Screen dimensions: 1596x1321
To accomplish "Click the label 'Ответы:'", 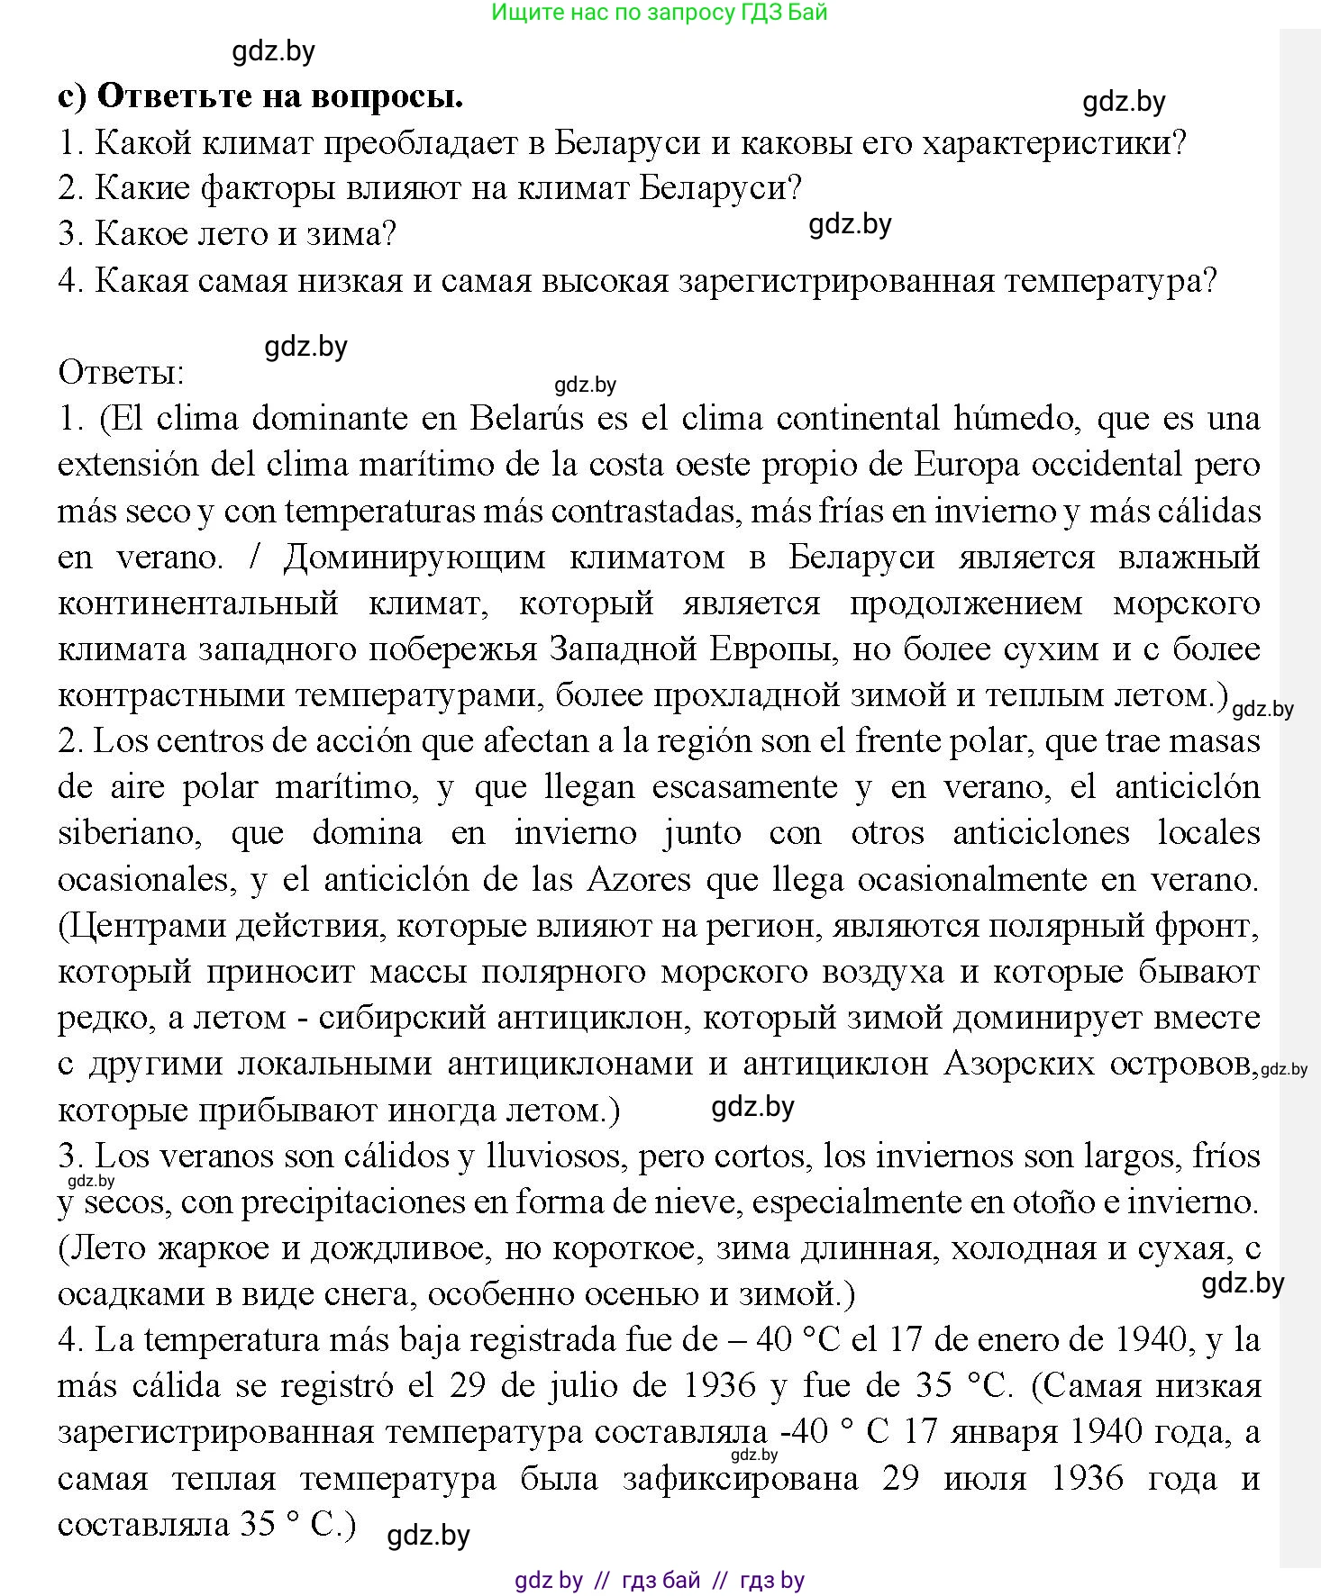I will (121, 372).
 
